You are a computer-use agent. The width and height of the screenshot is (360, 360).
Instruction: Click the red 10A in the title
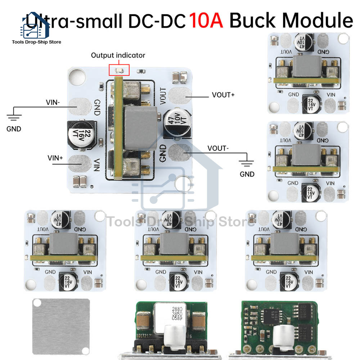tap(206, 21)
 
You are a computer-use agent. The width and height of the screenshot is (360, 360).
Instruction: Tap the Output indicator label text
tap(118, 55)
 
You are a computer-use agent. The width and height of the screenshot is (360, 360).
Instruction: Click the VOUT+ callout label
tap(223, 95)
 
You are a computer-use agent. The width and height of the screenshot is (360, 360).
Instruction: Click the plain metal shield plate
tap(60, 326)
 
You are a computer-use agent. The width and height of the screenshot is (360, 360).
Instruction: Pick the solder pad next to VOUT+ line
tap(179, 95)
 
